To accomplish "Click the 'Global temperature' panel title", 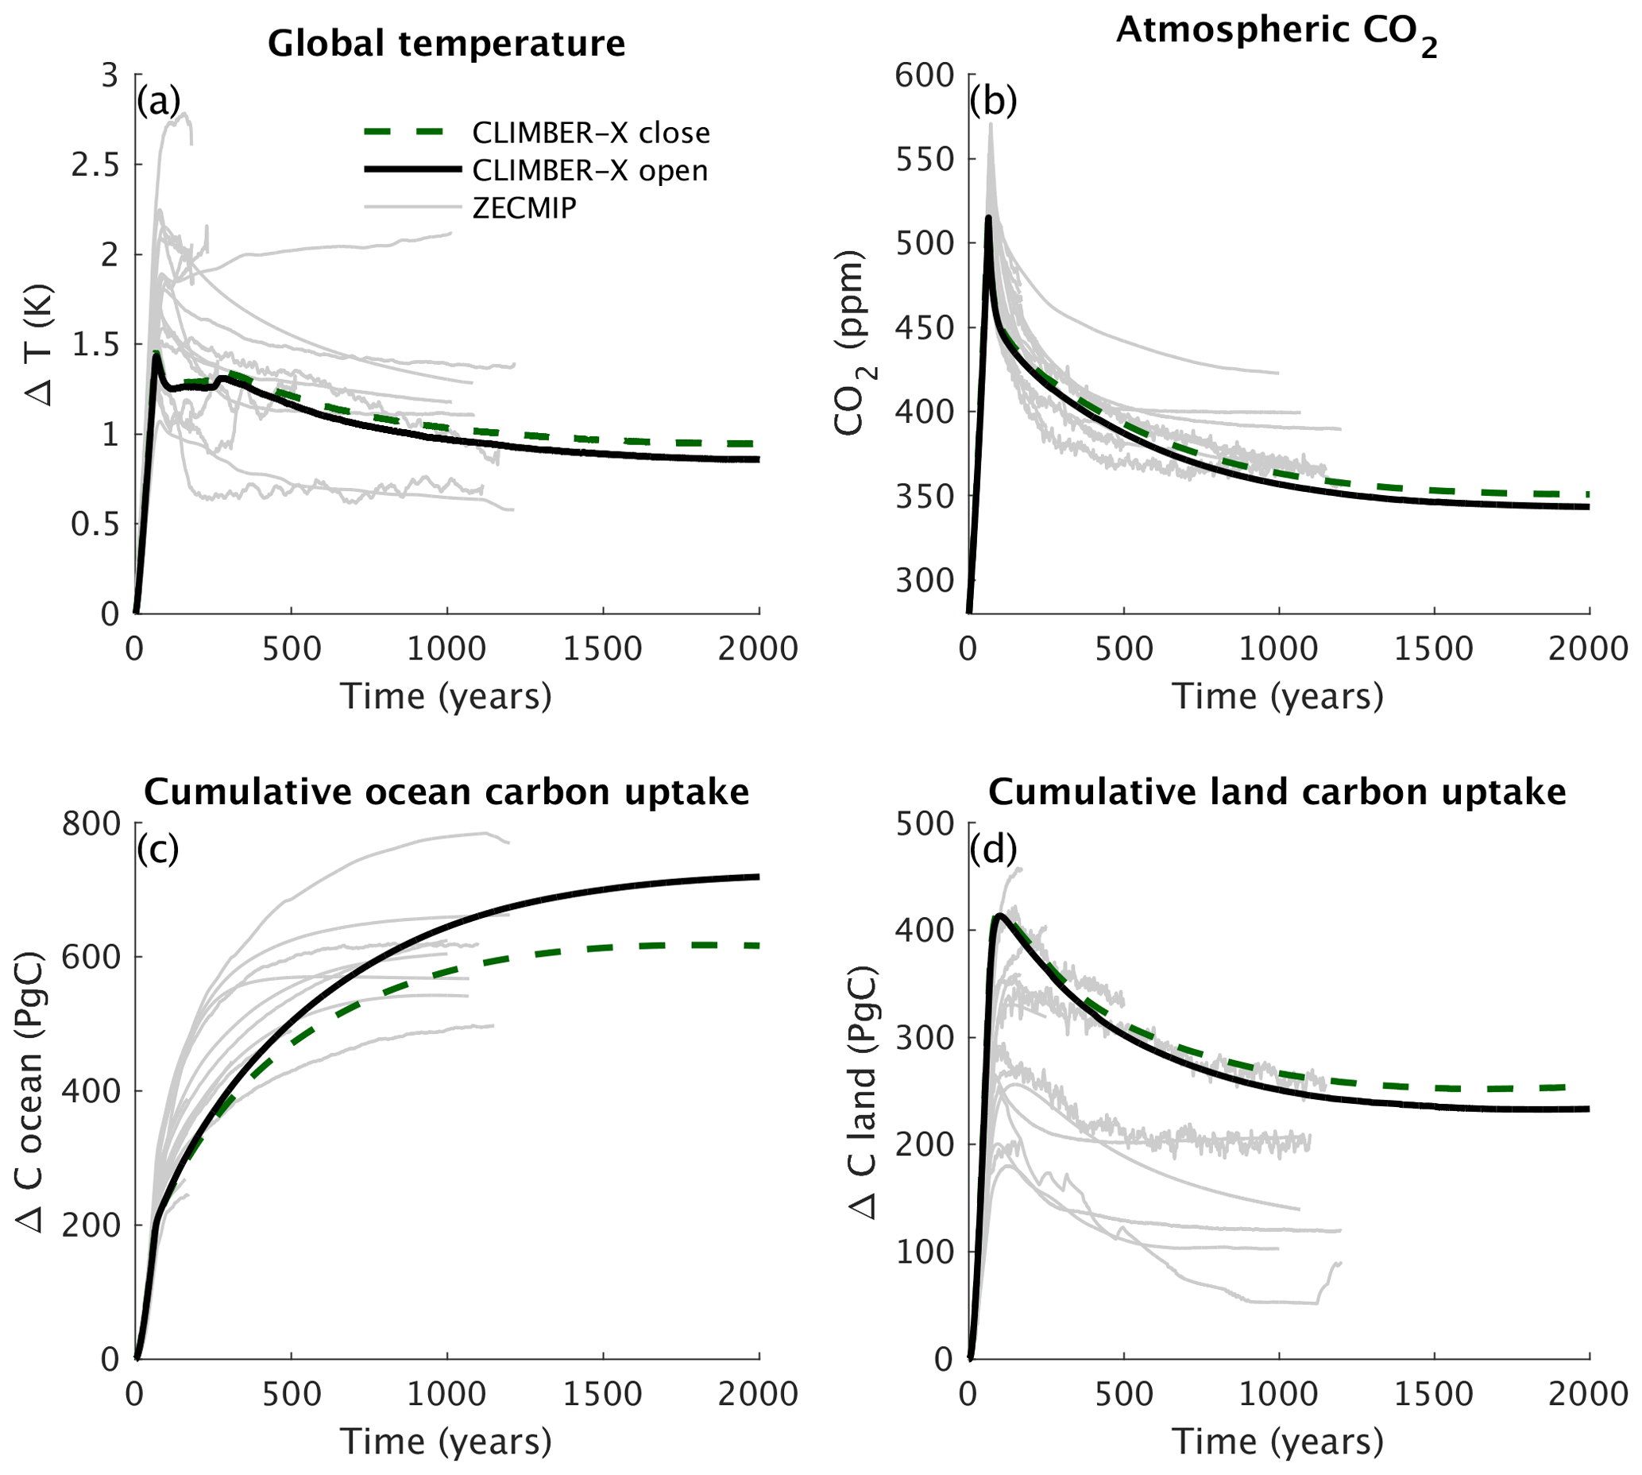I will point(446,44).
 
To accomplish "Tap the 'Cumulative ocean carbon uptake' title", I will point(446,792).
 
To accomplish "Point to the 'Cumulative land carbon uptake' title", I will point(1277,792).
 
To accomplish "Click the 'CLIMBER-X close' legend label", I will point(590,132).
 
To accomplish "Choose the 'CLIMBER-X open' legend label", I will point(589,170).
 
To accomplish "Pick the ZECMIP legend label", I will point(524,208).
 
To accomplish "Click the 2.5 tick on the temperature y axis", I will point(94,165).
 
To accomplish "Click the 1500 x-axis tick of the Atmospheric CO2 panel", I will point(1434,648).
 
